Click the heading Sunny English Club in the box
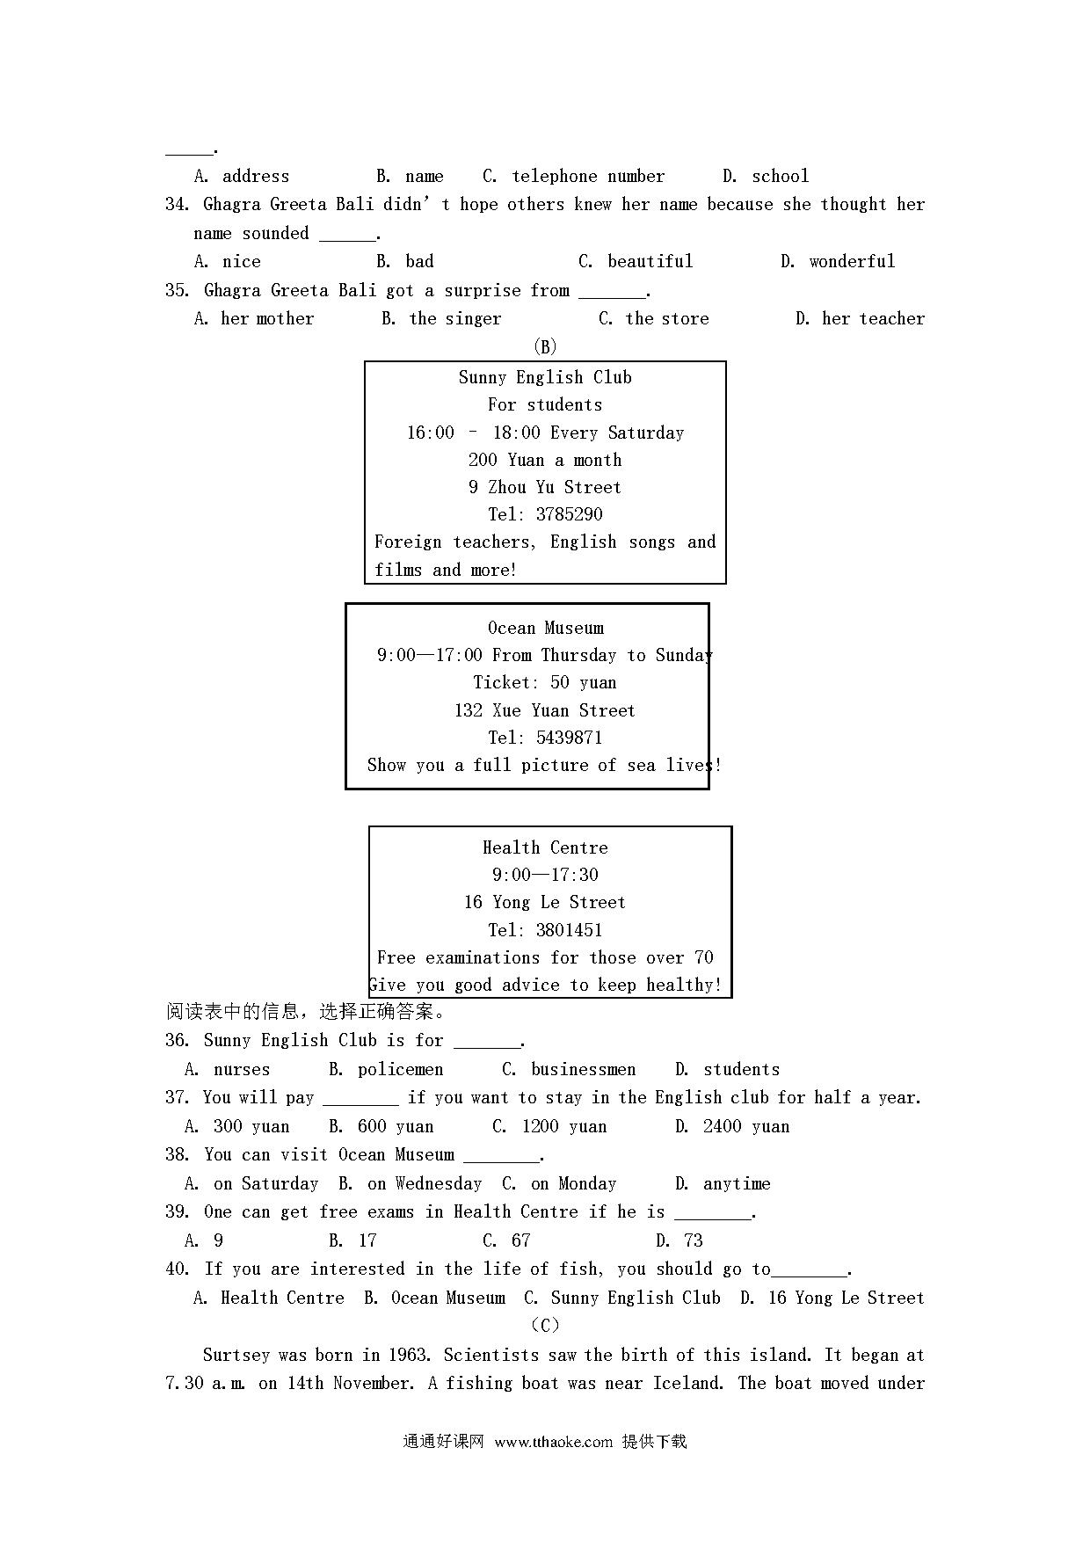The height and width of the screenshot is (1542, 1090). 545,377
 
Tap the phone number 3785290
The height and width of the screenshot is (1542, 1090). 569,514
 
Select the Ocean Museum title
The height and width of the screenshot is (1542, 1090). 546,628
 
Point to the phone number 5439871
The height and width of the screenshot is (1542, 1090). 569,738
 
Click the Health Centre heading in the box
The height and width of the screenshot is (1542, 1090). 545,847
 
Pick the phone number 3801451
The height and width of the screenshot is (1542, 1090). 569,930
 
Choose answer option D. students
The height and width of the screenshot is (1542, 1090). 727,1069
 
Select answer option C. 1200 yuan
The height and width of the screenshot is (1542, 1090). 549,1126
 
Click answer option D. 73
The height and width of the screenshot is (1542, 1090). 679,1240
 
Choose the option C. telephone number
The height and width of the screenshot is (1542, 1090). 574,176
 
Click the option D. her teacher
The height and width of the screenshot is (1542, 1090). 860,318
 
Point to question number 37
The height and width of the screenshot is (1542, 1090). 177,1097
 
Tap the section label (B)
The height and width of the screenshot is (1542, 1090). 545,347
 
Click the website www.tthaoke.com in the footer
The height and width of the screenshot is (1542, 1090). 553,1442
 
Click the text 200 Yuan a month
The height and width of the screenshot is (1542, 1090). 545,460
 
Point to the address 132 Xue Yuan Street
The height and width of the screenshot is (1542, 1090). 545,710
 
